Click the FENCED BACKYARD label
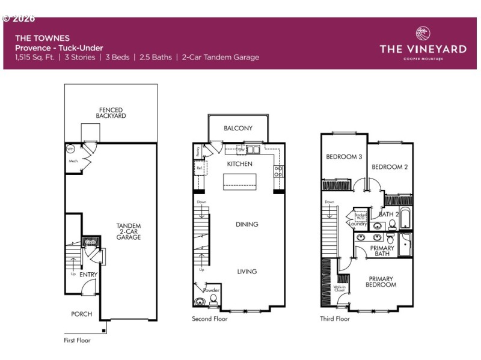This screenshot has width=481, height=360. (111, 113)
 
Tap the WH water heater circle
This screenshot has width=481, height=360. (70, 149)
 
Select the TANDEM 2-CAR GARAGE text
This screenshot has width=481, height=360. (129, 231)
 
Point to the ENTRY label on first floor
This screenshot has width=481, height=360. (88, 275)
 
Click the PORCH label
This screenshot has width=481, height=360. (81, 314)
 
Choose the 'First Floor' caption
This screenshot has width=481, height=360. (77, 340)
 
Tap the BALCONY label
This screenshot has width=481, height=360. (238, 128)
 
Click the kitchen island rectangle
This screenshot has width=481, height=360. (239, 182)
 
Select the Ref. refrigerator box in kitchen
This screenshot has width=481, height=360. (200, 168)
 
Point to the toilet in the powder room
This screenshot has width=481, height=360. (213, 299)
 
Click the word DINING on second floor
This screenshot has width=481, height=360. (247, 224)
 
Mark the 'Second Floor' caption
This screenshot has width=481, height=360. (210, 319)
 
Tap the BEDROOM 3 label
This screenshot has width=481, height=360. (344, 157)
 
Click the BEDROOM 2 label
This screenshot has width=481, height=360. (390, 166)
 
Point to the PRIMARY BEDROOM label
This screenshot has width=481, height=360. (381, 282)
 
